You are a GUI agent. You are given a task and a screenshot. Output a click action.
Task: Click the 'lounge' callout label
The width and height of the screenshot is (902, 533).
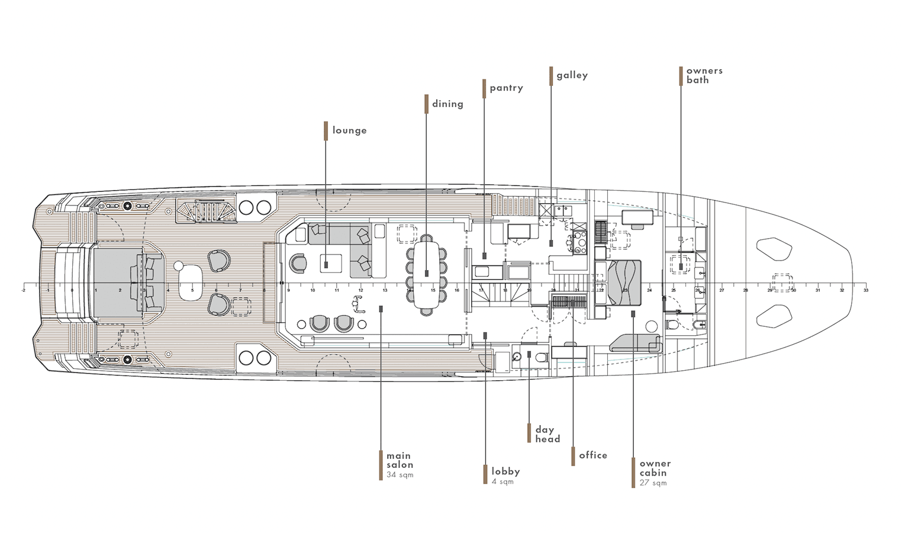tap(349, 130)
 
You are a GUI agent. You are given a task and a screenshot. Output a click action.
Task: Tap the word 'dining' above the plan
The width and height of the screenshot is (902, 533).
tap(447, 104)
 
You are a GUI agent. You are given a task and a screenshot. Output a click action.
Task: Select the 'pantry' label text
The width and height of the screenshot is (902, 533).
tap(506, 88)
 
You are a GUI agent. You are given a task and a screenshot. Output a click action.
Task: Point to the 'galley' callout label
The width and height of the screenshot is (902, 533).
tap(572, 75)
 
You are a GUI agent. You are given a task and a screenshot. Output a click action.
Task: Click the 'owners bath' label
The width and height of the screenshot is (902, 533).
tap(704, 75)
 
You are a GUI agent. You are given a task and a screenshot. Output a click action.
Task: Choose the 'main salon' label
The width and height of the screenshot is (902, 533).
tap(400, 460)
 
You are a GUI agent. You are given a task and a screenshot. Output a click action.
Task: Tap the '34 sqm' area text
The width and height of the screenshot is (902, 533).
tap(400, 475)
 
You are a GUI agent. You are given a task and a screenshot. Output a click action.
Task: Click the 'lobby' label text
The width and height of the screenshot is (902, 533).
tap(505, 471)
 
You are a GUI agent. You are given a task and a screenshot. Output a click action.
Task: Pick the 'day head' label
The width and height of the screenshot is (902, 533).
tap(547, 434)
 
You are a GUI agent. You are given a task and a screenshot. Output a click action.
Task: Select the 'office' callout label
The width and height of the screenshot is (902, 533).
tap(593, 455)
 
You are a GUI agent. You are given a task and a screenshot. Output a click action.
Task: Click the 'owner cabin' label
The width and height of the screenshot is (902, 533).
tap(655, 468)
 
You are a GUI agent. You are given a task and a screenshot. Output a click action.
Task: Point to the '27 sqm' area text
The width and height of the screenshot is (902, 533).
tap(653, 483)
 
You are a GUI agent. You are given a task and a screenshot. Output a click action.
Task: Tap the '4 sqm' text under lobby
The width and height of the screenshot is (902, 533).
tap(502, 482)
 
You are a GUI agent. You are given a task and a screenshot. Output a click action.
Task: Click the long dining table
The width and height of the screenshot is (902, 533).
tap(427, 274)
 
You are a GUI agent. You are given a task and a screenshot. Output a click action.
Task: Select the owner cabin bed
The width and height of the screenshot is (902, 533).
tap(624, 281)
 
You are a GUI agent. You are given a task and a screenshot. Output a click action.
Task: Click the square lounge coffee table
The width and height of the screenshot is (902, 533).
tap(331, 263)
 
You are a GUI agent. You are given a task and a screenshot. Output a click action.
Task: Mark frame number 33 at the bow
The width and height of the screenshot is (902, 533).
tap(866, 290)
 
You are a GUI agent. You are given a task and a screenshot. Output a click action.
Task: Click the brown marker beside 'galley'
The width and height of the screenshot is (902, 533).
tap(551, 76)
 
